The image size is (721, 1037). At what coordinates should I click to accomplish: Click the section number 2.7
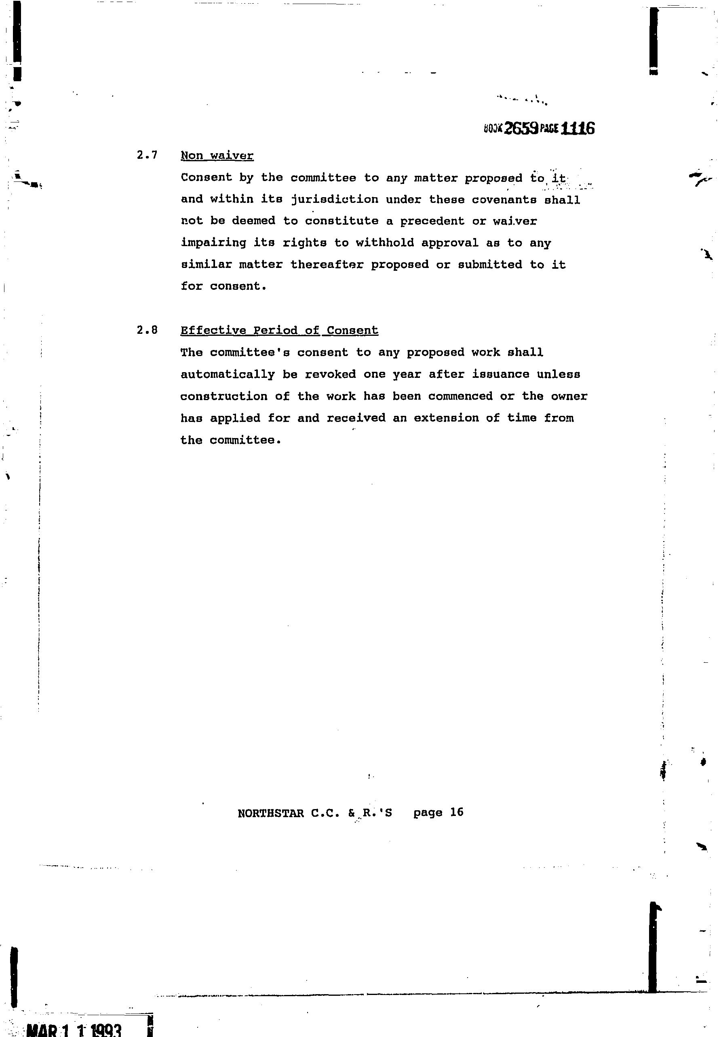click(147, 155)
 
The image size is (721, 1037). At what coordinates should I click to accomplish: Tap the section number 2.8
click(147, 330)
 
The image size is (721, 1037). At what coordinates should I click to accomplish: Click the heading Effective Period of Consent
click(279, 330)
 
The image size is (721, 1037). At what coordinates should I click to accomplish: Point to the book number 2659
click(521, 129)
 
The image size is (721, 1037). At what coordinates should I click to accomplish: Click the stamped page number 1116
click(578, 129)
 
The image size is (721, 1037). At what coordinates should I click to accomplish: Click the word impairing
click(213, 243)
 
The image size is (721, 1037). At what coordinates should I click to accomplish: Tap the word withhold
click(385, 243)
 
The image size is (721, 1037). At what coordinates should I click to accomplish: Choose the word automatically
click(228, 374)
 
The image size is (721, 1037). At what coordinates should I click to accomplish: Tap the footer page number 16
click(457, 812)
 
